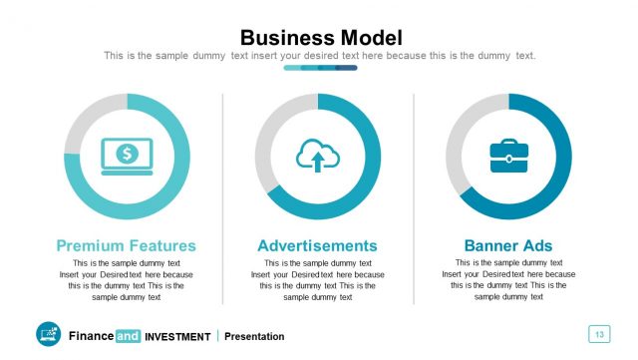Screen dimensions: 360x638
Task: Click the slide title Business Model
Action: (321, 38)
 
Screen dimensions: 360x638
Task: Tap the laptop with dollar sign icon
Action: (127, 156)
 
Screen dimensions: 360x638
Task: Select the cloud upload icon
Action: (318, 156)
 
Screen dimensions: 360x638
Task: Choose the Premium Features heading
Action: (127, 245)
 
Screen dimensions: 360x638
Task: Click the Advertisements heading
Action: (317, 245)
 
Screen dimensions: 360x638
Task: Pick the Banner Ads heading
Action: (508, 245)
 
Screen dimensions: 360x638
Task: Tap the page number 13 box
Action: (598, 334)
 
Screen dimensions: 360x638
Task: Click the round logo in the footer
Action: (48, 335)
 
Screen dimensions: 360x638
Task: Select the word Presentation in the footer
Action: (254, 336)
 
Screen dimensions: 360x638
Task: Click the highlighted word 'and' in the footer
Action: (128, 336)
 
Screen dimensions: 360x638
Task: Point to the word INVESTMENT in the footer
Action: (177, 336)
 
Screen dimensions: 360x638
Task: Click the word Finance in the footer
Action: (91, 336)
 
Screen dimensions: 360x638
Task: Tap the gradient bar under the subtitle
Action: (320, 68)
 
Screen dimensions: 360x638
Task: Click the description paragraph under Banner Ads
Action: (508, 280)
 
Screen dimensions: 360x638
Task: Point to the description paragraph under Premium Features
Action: (127, 280)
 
